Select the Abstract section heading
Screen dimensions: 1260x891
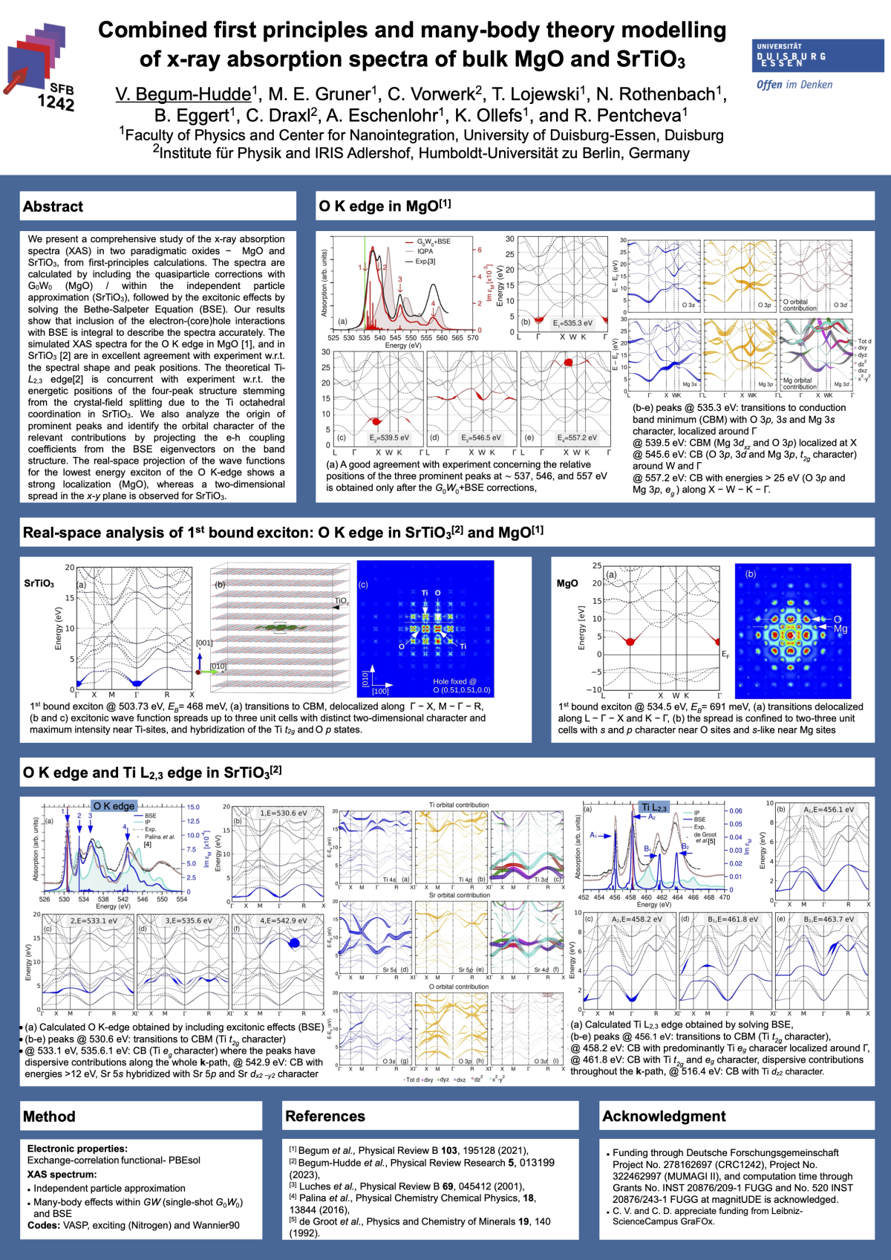[53, 207]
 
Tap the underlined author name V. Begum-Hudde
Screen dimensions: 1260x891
[183, 94]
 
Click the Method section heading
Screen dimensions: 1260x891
[49, 1117]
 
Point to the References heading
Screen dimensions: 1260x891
[324, 1116]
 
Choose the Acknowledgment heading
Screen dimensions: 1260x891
[664, 1116]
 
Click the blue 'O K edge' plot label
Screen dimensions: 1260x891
[114, 806]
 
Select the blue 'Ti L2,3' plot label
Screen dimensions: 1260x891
[654, 808]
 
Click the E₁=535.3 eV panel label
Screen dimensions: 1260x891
[572, 323]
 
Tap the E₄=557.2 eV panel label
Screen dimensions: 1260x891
[577, 438]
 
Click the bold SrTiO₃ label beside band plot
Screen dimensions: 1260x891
[39, 584]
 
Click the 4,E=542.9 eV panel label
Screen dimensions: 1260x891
[283, 920]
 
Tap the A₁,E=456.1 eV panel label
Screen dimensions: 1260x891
[829, 810]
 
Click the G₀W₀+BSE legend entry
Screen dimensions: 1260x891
[433, 241]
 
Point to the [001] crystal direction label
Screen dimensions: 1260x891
[204, 643]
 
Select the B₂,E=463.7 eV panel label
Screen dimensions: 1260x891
[829, 919]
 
